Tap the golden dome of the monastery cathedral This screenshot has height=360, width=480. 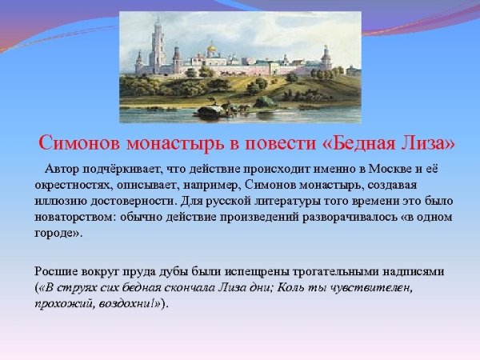213,50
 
